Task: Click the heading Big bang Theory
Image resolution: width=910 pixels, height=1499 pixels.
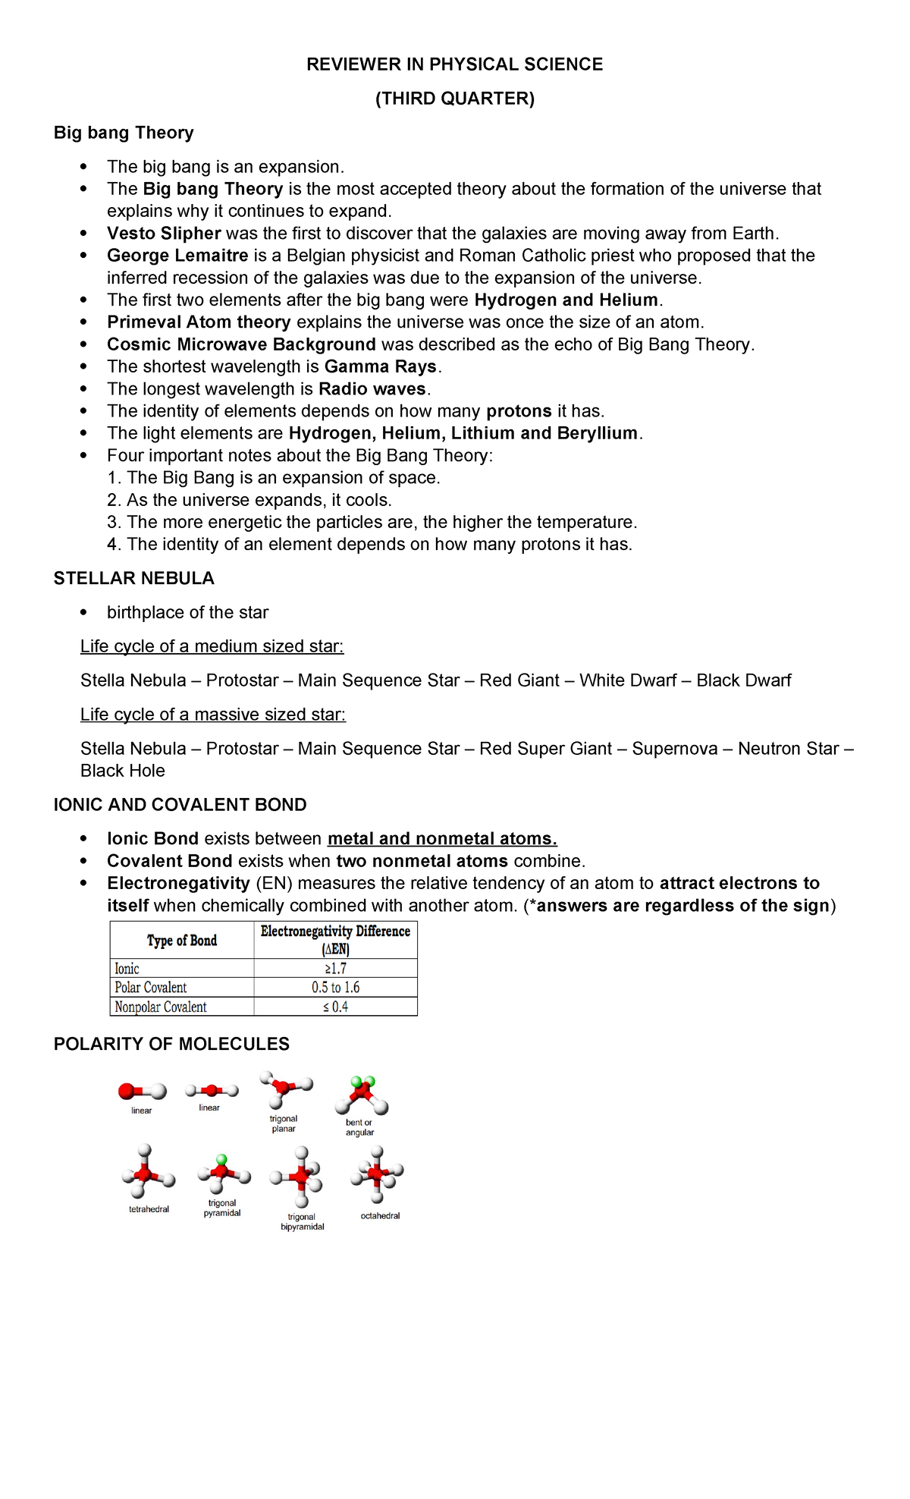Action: coord(124,133)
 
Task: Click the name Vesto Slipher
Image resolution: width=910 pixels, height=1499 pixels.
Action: coord(164,234)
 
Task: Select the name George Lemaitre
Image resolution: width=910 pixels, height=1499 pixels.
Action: coord(177,256)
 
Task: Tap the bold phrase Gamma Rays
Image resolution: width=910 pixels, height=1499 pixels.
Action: coord(381,367)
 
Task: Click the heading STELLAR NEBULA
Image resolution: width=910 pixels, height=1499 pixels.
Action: coord(133,579)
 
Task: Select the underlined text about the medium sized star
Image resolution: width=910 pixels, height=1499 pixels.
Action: coord(212,646)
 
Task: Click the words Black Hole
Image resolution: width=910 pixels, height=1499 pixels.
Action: coord(123,771)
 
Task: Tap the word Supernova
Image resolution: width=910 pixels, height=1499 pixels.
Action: coord(674,749)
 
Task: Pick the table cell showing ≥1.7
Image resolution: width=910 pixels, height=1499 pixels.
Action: coord(335,969)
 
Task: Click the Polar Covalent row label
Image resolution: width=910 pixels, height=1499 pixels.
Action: coord(151,988)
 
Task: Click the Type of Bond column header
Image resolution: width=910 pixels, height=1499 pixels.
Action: coord(182,941)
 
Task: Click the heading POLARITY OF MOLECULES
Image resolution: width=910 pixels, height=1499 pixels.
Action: coord(171,1045)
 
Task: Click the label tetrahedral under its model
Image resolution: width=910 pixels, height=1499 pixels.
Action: coord(149,1209)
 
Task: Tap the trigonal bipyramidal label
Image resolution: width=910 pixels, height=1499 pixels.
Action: coord(302,1221)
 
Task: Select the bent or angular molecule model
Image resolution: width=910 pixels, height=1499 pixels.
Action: coord(362,1095)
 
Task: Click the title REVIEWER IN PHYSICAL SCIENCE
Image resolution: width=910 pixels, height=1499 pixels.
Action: coord(454,64)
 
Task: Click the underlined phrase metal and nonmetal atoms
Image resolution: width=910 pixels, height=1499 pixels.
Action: coord(442,839)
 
